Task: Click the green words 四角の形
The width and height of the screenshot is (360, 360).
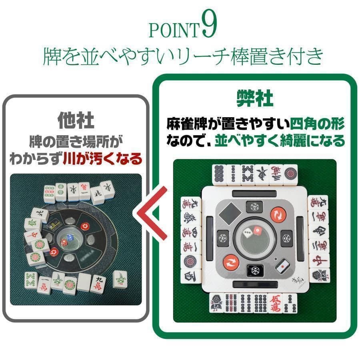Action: (x=317, y=124)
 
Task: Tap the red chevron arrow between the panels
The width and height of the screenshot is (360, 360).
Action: (x=152, y=216)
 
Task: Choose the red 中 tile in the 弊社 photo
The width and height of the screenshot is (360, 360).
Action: (x=319, y=260)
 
